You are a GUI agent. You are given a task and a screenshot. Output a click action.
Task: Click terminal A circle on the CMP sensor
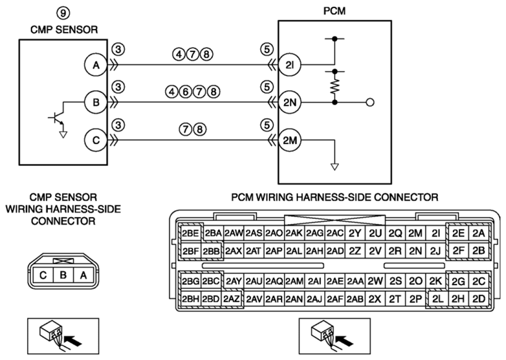(x=96, y=65)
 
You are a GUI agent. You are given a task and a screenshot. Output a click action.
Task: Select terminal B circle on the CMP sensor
(x=96, y=103)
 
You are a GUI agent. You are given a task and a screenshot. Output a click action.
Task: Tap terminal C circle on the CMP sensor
(x=96, y=140)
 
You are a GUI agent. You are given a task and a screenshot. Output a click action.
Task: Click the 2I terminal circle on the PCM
(x=289, y=65)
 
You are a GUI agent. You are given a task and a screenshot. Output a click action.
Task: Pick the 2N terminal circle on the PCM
(x=289, y=103)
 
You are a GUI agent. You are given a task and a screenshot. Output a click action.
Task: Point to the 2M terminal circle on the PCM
(x=289, y=140)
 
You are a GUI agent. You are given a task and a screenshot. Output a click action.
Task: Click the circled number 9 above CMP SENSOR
(x=63, y=13)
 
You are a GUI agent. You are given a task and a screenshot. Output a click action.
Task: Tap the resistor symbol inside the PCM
(x=335, y=86)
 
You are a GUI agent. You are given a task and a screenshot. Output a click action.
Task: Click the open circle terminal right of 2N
(x=371, y=103)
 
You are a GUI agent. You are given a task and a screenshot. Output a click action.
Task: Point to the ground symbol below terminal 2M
(x=335, y=167)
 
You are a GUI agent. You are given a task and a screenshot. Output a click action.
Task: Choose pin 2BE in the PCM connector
(x=191, y=233)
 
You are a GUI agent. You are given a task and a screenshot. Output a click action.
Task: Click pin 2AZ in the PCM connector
(x=231, y=299)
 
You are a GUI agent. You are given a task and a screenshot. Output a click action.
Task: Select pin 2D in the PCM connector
(x=479, y=299)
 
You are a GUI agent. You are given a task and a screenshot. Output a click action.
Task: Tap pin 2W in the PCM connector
(x=375, y=281)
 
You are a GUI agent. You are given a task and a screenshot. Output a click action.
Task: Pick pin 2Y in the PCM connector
(x=354, y=233)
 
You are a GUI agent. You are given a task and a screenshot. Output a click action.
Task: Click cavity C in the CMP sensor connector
(x=43, y=275)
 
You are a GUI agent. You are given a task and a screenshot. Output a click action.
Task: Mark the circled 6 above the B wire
(x=186, y=92)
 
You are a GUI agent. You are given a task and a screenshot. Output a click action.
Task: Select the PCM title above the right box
(x=335, y=11)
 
